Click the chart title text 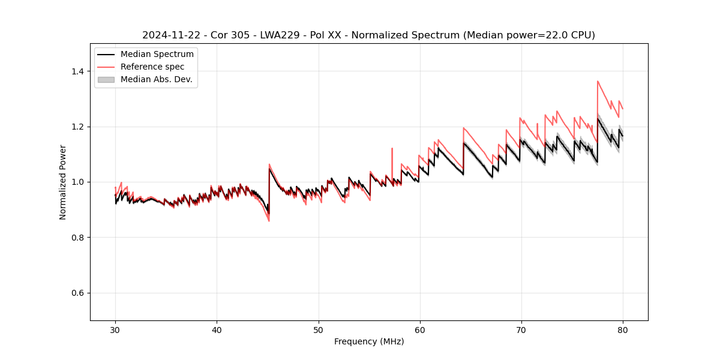[x=368, y=35]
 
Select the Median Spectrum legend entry [x=157, y=55]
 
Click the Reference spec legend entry [x=152, y=67]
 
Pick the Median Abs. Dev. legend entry [x=156, y=79]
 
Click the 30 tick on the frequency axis [x=115, y=330]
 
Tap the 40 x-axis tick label [x=217, y=330]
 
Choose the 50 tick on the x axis [x=318, y=330]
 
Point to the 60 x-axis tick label [x=420, y=330]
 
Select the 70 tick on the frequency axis [x=521, y=330]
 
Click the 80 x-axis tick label [x=623, y=330]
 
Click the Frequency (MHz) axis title [x=368, y=342]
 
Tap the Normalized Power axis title [x=63, y=182]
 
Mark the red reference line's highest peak [x=598, y=81]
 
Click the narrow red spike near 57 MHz [x=392, y=148]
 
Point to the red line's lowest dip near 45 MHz [x=269, y=221]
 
